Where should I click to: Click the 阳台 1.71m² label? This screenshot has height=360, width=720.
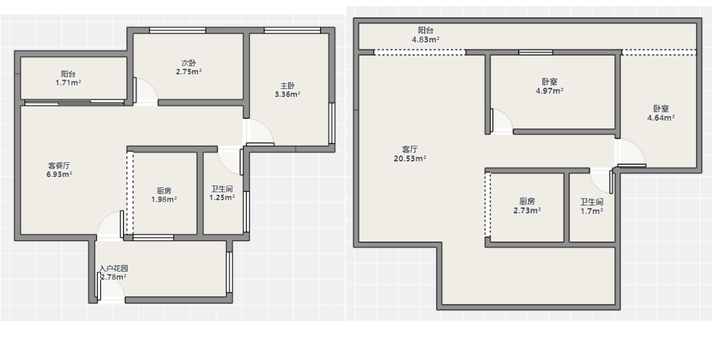click(x=68, y=78)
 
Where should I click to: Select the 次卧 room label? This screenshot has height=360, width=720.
click(x=188, y=63)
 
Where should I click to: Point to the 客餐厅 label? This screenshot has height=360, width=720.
click(x=59, y=166)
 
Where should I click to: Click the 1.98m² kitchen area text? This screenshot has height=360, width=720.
click(x=164, y=200)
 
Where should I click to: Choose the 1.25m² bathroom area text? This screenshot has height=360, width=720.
click(x=222, y=198)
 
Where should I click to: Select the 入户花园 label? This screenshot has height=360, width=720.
click(x=114, y=269)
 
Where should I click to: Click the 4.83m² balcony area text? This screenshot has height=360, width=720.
click(x=426, y=39)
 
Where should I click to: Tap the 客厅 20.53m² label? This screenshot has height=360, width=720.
click(x=410, y=154)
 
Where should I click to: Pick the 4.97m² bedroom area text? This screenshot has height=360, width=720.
click(x=550, y=91)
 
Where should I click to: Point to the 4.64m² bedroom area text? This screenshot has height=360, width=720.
click(x=661, y=118)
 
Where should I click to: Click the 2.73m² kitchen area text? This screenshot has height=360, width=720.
click(x=527, y=211)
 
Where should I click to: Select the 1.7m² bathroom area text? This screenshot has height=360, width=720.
click(x=592, y=211)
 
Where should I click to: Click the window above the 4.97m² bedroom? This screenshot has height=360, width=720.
click(x=536, y=53)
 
